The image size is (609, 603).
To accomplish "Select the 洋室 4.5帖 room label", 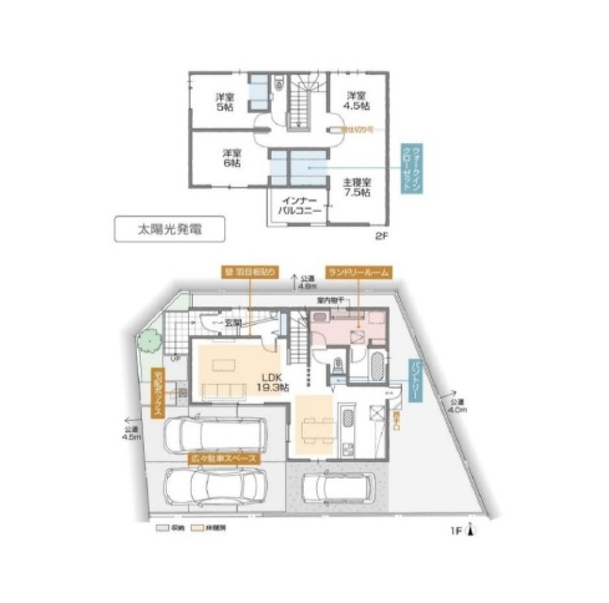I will [357, 100].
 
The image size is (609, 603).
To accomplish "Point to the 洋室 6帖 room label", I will [231, 158].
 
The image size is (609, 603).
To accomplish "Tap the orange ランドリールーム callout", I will [357, 273].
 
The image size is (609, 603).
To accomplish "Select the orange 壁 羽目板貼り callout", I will [250, 273].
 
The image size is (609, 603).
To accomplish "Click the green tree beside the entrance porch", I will [148, 339].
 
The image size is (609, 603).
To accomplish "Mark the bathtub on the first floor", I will [377, 367].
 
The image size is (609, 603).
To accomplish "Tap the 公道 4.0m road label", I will [457, 407].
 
